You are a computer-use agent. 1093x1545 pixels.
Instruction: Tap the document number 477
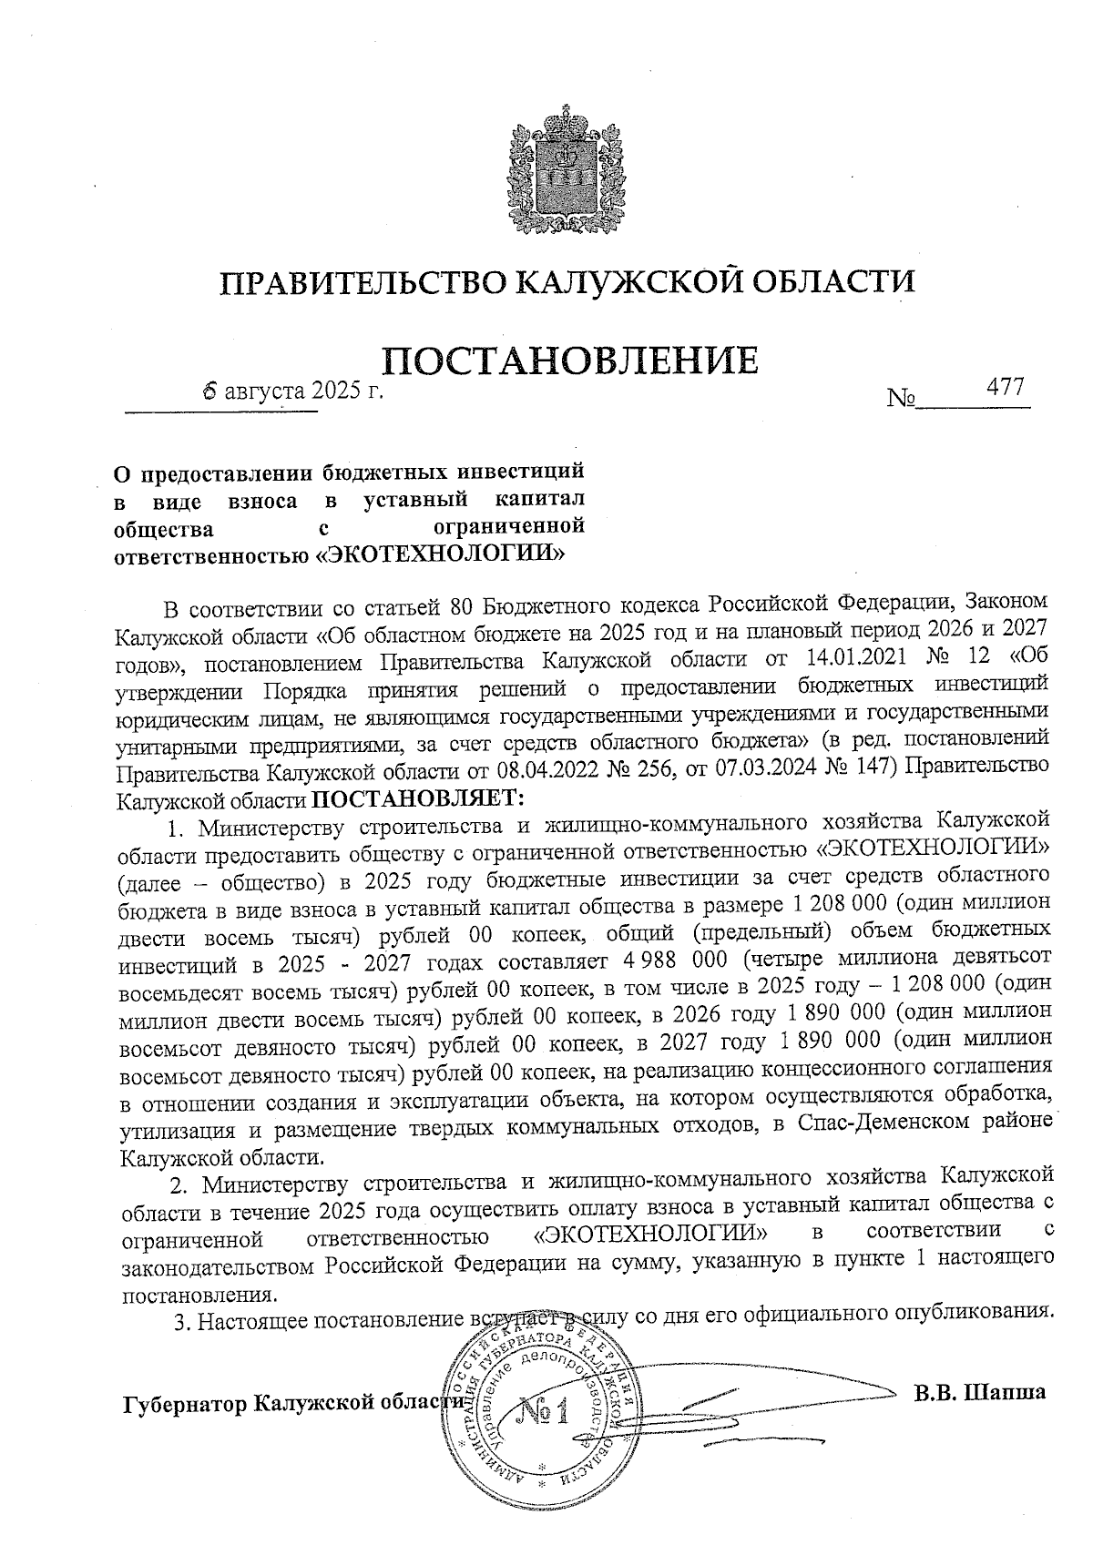tap(1006, 387)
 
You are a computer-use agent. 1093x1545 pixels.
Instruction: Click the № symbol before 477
tap(900, 399)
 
